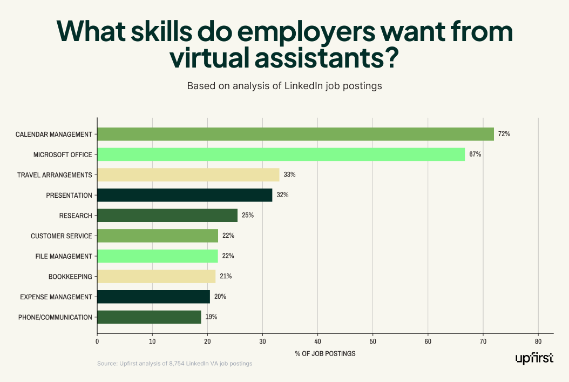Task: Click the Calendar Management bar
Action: click(295, 134)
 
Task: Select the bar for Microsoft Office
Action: click(281, 155)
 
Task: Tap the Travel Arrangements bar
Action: click(188, 175)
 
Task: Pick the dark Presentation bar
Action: click(185, 195)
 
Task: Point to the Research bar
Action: click(167, 216)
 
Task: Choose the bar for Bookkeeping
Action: click(156, 277)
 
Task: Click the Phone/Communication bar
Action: click(149, 317)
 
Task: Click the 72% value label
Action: click(504, 134)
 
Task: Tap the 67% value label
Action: click(475, 155)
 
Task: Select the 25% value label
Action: click(248, 216)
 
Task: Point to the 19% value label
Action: click(211, 317)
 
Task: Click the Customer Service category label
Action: click(61, 236)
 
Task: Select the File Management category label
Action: click(64, 256)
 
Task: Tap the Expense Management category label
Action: click(56, 297)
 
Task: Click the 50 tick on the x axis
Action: click(372, 341)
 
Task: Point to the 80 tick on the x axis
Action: click(538, 341)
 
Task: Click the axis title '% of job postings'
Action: click(325, 354)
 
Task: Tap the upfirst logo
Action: click(534, 359)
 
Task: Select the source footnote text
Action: click(174, 364)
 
